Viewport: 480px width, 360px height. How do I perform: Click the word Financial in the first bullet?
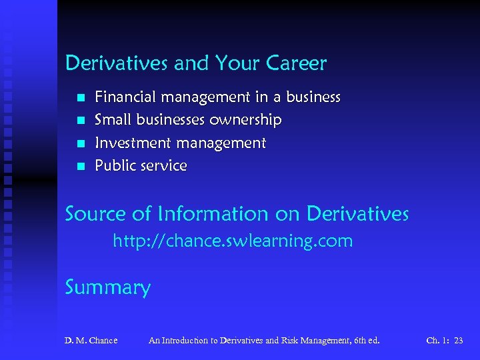tap(125, 97)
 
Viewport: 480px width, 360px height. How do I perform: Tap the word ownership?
tap(245, 120)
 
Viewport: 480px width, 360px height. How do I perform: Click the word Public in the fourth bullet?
tap(115, 165)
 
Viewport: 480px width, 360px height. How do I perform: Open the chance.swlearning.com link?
tap(233, 241)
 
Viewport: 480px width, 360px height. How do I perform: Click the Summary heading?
tap(108, 288)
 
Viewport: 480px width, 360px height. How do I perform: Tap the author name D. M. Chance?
tap(91, 341)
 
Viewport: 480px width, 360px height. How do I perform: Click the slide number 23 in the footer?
tap(458, 341)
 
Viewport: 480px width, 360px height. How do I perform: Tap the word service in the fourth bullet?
tap(164, 165)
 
